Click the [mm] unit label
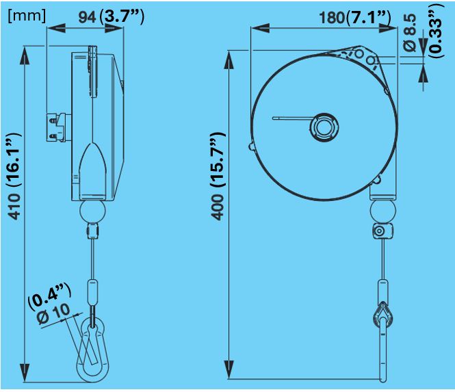tap(26, 15)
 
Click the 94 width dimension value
tap(86, 17)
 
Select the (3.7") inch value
tap(121, 16)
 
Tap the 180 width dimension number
tap(332, 17)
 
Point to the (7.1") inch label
tap(369, 17)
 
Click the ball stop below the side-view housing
tap(92, 210)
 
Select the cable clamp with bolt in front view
tap(379, 232)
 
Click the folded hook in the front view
tap(381, 316)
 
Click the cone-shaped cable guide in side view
tap(92, 168)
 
